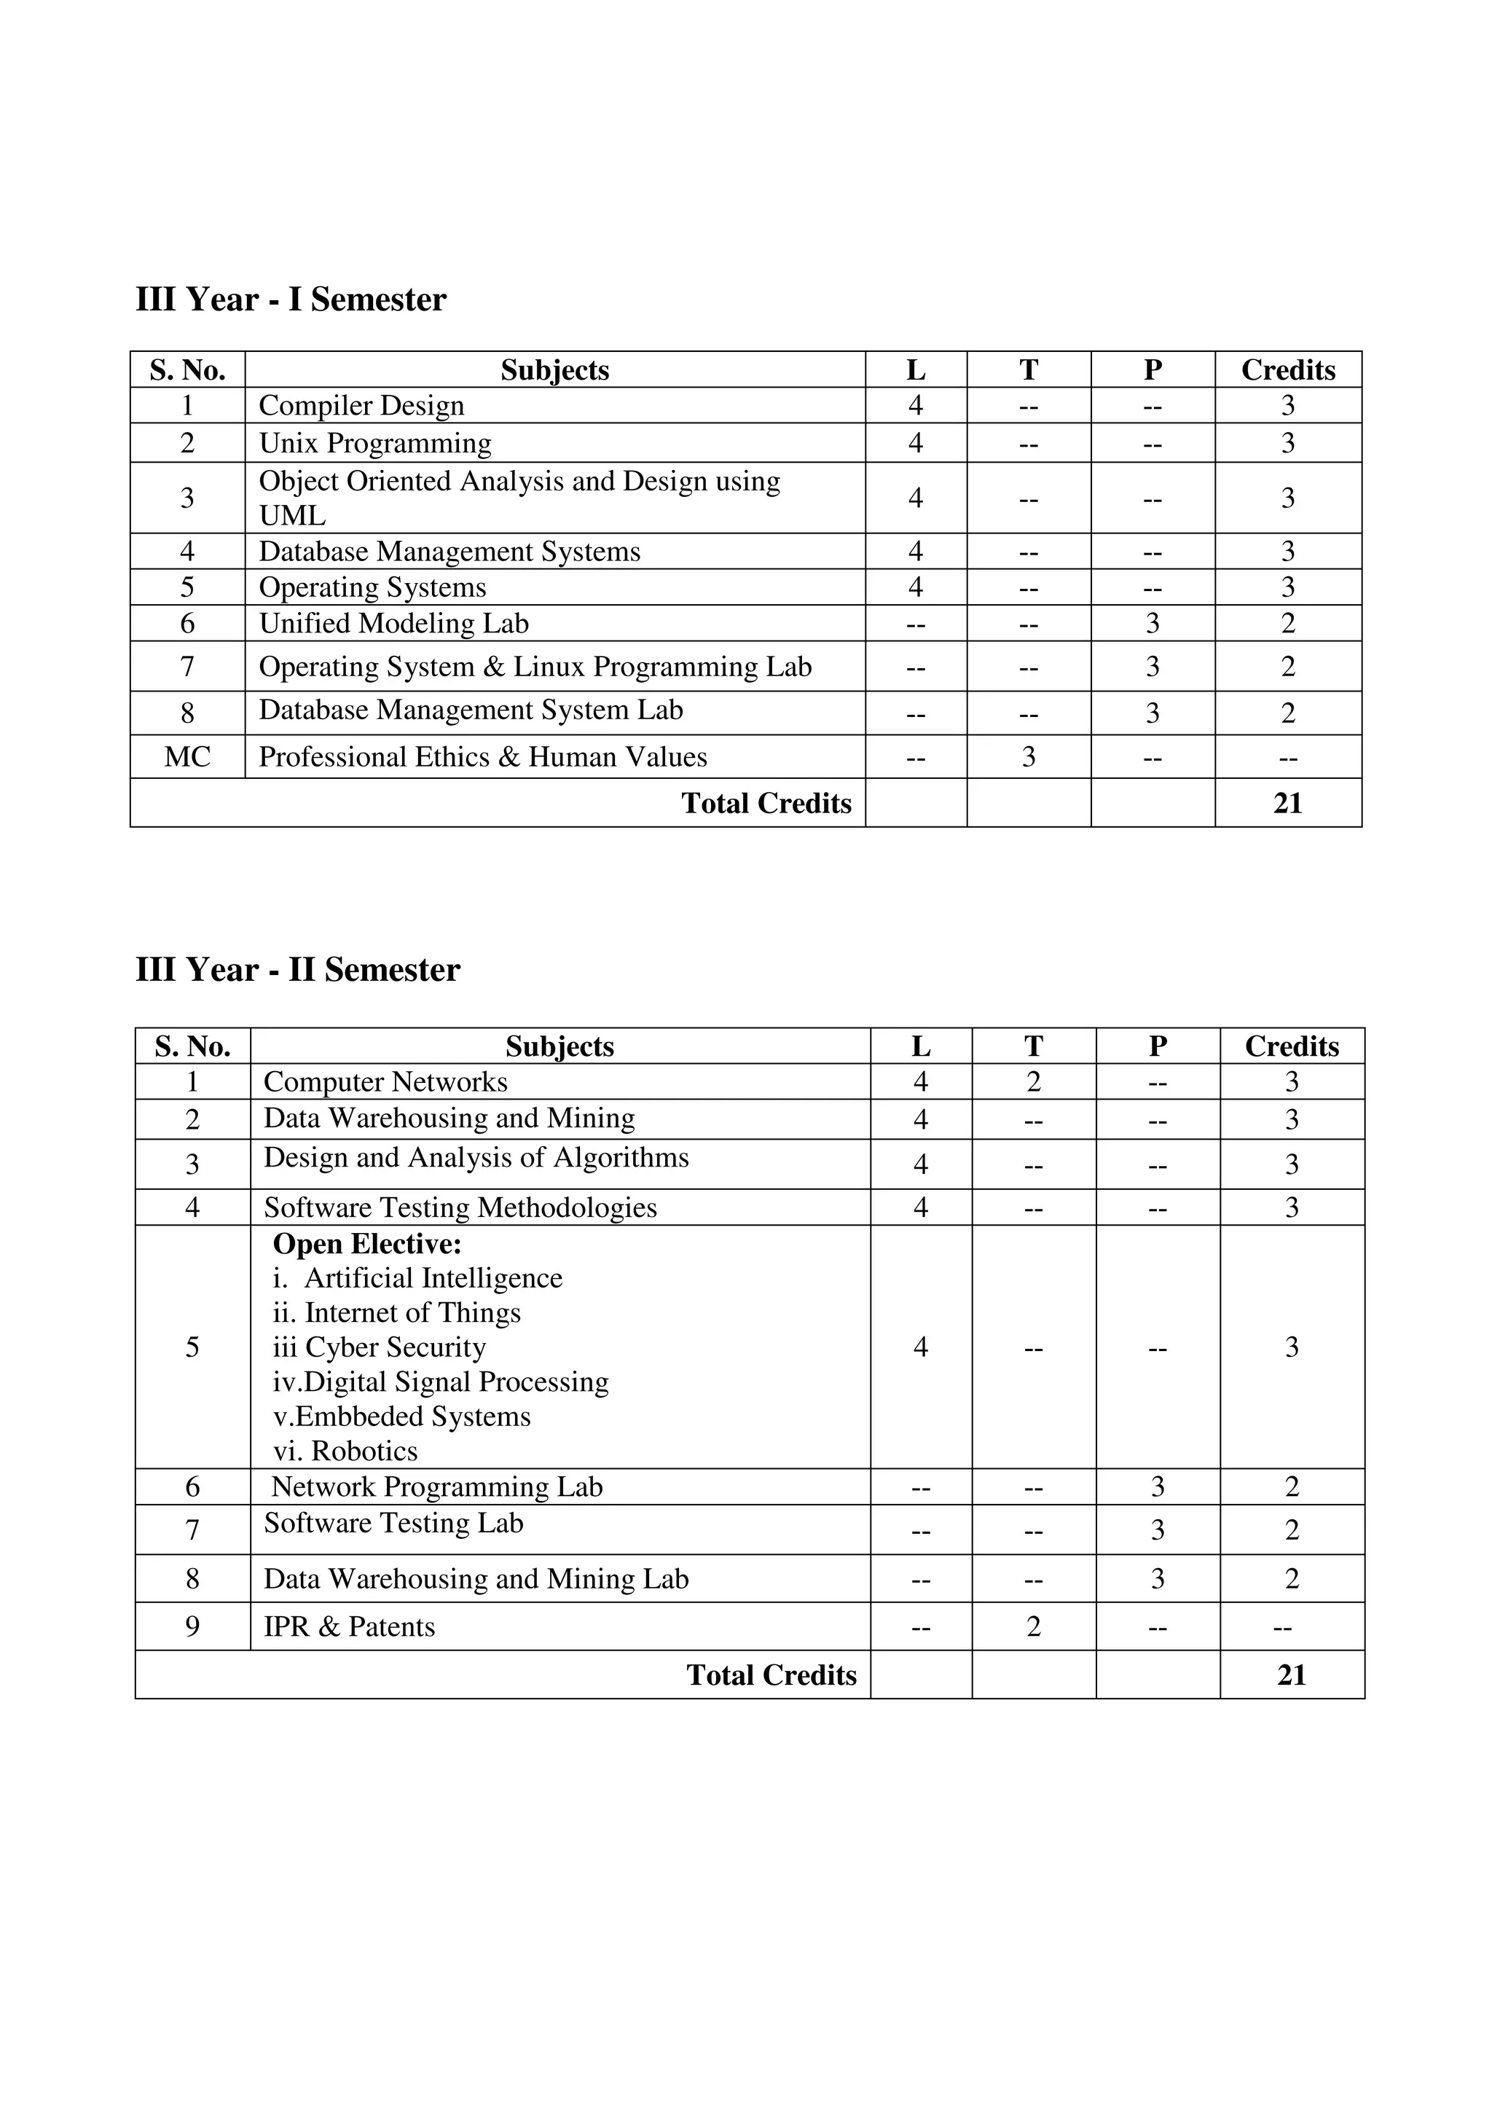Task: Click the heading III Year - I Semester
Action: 291,299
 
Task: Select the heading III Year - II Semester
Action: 297,970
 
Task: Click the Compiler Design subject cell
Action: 361,405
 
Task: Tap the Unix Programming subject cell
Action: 375,443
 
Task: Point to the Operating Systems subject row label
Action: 372,587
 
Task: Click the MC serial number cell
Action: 187,756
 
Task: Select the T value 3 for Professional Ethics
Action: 1028,756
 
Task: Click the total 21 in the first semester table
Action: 1287,804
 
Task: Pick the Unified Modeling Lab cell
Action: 393,623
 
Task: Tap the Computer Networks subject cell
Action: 385,1082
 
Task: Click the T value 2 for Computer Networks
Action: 1033,1082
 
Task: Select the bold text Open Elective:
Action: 368,1244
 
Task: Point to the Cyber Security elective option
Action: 380,1348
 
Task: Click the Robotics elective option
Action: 345,1451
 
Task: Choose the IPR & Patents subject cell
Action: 350,1626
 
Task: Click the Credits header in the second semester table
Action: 1292,1046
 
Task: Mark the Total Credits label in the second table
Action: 771,1675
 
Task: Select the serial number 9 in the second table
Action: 192,1626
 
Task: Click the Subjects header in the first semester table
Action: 554,369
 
